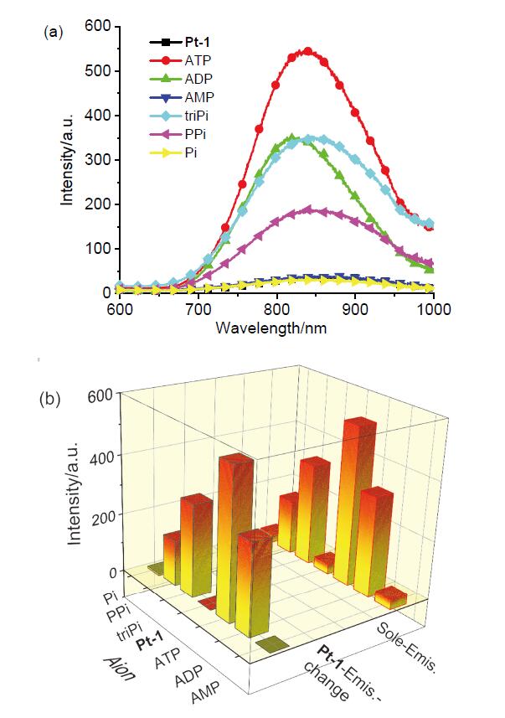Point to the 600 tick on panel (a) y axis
pos(98,26)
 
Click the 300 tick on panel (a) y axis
pos(98,159)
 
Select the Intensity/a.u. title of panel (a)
pos(66,159)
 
